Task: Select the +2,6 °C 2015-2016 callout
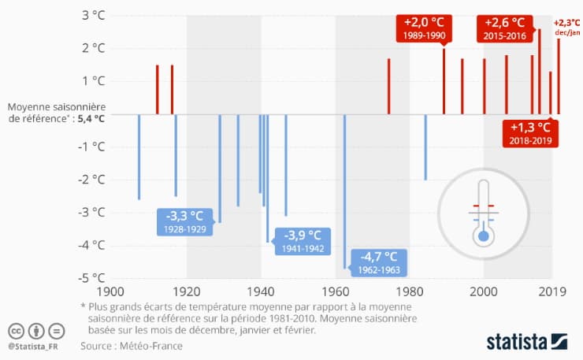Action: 505,28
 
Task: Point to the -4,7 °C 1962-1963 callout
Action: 381,262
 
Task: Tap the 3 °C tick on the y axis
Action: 92,16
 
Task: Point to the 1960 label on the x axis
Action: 336,291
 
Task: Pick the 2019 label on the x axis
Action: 551,291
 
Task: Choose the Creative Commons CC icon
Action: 16,330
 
